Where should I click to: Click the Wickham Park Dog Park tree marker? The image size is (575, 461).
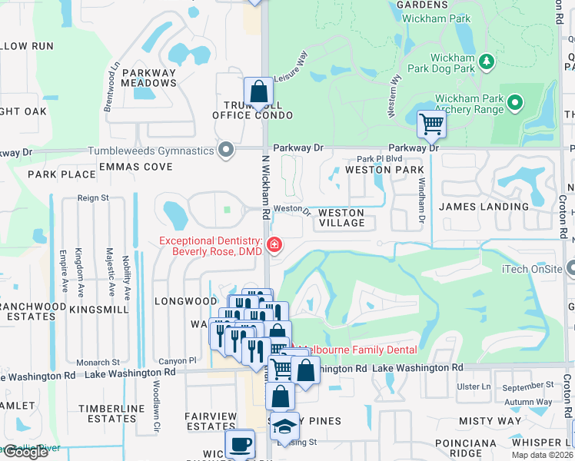click(x=486, y=61)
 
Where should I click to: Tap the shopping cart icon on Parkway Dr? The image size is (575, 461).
click(x=431, y=123)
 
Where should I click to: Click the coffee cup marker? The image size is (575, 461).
click(x=239, y=443)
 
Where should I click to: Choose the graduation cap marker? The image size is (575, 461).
click(x=285, y=426)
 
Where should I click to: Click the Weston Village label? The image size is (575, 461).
click(x=341, y=217)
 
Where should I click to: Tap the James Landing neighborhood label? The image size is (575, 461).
click(x=484, y=207)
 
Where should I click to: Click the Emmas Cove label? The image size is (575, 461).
click(x=135, y=167)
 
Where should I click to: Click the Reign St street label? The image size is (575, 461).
click(x=93, y=198)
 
